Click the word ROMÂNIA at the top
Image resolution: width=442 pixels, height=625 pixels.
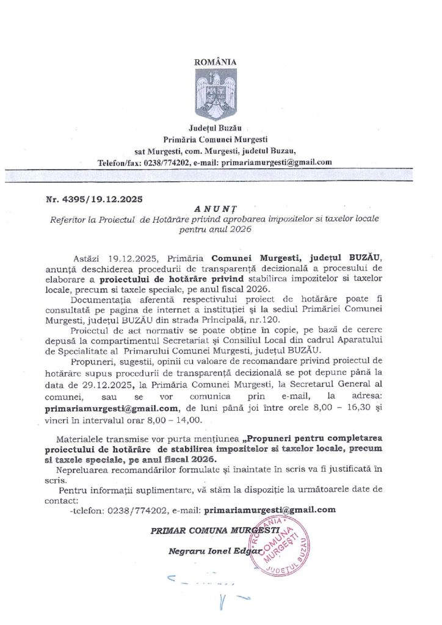click(214, 62)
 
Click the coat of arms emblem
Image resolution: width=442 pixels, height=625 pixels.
click(215, 95)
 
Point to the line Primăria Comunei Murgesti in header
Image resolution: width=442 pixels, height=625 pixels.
click(215, 140)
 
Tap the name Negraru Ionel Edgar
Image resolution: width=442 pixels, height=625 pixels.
click(215, 552)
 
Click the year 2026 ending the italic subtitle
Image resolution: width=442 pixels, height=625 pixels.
click(237, 231)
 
